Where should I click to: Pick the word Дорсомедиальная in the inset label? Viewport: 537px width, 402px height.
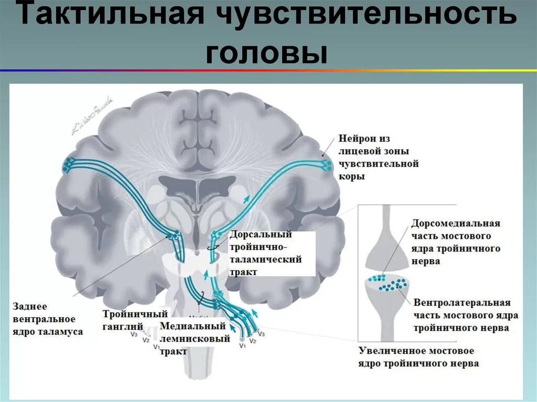[x=456, y=223]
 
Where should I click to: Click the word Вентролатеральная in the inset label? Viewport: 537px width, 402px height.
[x=461, y=303]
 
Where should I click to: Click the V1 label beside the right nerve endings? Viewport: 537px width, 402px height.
[x=242, y=346]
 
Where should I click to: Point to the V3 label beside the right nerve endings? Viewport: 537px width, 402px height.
[x=262, y=334]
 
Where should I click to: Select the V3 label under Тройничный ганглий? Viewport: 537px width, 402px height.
[x=134, y=334]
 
